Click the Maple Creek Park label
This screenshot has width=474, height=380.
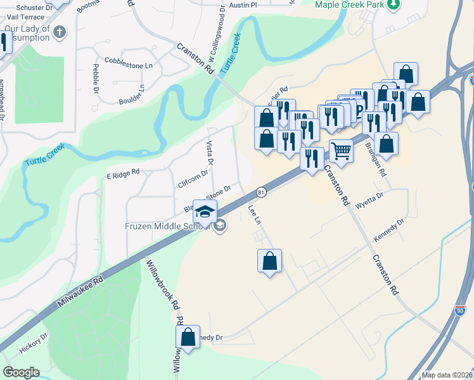pyautogui.click(x=350, y=4)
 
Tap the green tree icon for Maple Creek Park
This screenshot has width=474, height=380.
pyautogui.click(x=394, y=4)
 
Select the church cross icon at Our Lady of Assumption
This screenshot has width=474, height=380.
pyautogui.click(x=60, y=31)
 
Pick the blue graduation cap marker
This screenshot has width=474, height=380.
pyautogui.click(x=205, y=212)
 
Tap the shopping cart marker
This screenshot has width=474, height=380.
pyautogui.click(x=341, y=152)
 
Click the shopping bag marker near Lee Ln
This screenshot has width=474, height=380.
pyautogui.click(x=269, y=260)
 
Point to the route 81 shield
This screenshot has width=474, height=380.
pyautogui.click(x=261, y=191)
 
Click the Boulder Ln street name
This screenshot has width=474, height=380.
pyautogui.click(x=132, y=96)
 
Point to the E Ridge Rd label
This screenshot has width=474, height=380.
pyautogui.click(x=122, y=172)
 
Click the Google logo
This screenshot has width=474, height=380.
pyautogui.click(x=21, y=372)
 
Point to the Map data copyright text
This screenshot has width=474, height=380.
pyautogui.click(x=447, y=375)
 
